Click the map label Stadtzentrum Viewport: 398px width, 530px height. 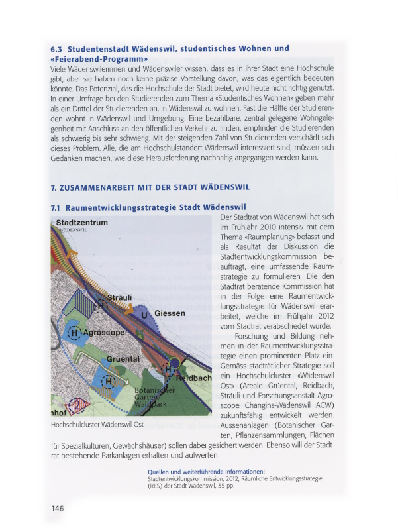(81, 223)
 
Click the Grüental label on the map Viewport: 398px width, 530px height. (123, 358)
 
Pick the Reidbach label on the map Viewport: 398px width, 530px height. (193, 378)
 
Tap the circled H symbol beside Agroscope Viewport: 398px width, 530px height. (75, 333)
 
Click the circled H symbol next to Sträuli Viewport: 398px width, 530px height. (101, 306)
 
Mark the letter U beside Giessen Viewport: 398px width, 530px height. (145, 315)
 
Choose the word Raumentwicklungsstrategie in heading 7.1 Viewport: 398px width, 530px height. (123, 207)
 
